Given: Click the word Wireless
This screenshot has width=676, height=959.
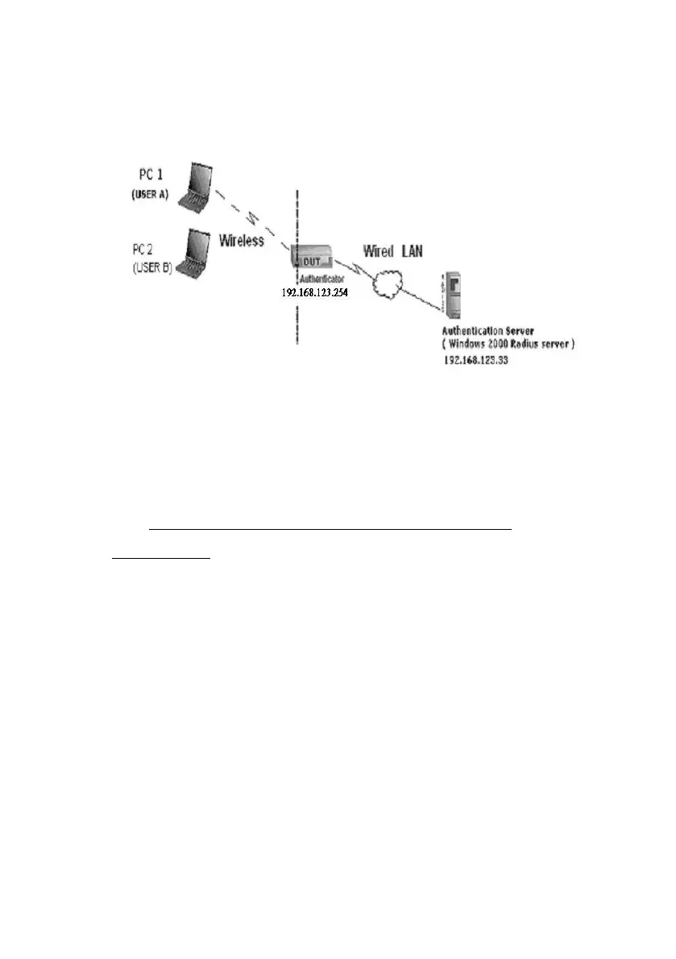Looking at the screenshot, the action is [242, 241].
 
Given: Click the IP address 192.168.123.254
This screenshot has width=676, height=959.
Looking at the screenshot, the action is [314, 293].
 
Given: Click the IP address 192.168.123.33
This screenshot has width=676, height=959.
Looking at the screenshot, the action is [482, 361].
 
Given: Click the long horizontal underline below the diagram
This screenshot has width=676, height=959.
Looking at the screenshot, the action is [331, 529].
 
